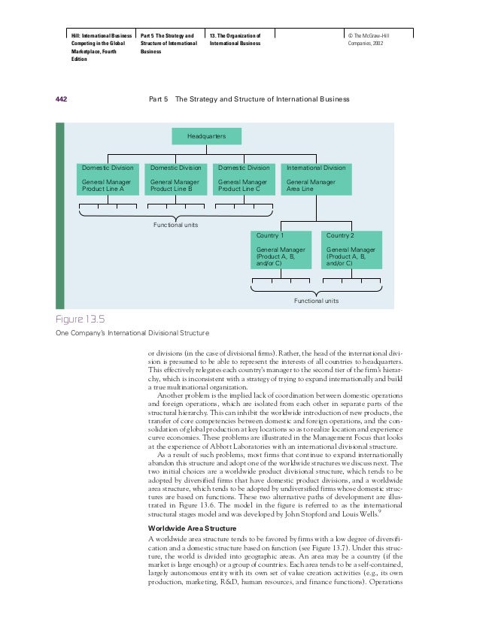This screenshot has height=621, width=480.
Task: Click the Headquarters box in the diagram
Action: click(x=206, y=136)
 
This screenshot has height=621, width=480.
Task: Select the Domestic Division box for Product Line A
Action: click(x=108, y=179)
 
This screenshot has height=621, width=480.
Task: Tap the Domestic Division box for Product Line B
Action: click(x=176, y=179)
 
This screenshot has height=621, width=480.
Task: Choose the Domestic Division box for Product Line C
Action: click(x=244, y=179)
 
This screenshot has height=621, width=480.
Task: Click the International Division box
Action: click(x=316, y=179)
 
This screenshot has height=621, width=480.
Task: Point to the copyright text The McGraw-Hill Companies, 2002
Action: click(x=366, y=40)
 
